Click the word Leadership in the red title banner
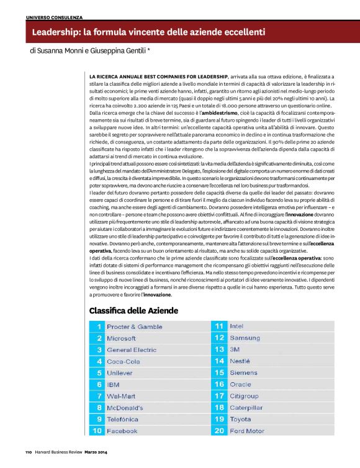pos(56,32)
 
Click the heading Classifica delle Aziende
pos(134,310)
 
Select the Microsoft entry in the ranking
pos(122,338)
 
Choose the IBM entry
pos(113,385)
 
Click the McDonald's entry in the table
pos(125,408)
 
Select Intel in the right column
pos(236,326)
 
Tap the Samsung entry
pos(245,338)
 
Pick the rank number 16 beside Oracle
pos(219,385)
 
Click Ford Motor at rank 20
pos(247,431)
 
